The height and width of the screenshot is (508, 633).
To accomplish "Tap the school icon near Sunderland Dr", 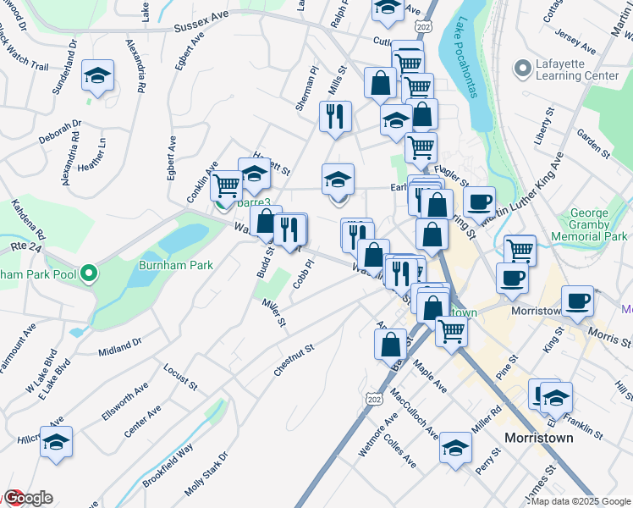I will coord(98,76).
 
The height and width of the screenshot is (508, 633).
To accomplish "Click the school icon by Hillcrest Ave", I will coord(56,442).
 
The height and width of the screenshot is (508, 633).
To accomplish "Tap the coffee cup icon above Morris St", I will coord(579,301).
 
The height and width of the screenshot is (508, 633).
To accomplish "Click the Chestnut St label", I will coord(294,360).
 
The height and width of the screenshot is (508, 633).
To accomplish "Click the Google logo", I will coord(27,498).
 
